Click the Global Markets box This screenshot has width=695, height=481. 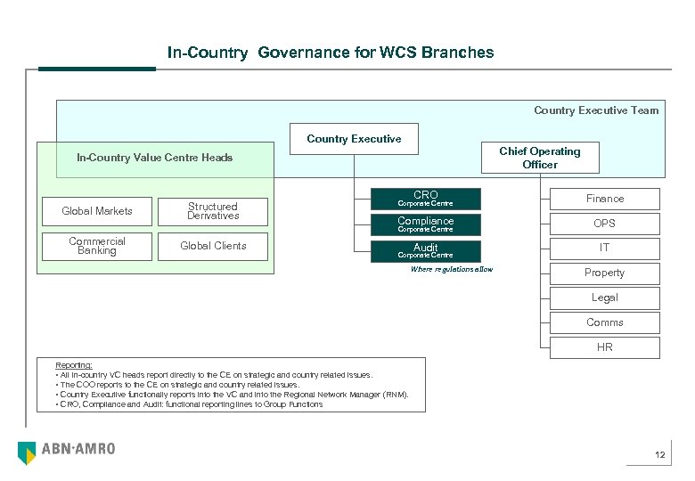(97, 211)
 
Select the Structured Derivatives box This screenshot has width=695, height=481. (213, 211)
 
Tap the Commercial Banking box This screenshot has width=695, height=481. (97, 246)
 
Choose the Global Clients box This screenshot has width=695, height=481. (213, 246)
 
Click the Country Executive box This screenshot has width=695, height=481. (354, 139)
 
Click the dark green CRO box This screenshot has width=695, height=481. (425, 199)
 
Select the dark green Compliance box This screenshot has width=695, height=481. (425, 224)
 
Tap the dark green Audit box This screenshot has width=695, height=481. (425, 250)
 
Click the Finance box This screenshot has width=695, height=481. (604, 199)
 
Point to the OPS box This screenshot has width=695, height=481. (604, 224)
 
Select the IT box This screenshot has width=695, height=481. (604, 248)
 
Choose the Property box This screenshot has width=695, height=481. (604, 273)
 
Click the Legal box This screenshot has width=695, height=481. (604, 298)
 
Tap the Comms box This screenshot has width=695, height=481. (604, 322)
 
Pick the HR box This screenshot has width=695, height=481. (604, 347)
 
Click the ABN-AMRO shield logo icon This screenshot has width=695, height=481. (27, 452)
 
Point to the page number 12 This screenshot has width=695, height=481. (659, 456)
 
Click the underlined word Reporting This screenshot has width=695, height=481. (73, 365)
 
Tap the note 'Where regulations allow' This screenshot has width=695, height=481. (451, 269)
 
